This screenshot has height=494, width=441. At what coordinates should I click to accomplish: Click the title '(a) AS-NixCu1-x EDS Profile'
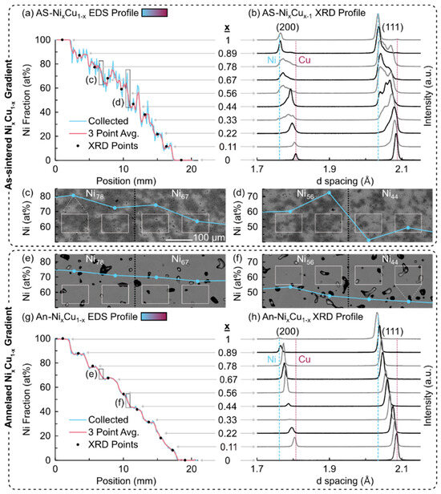[x=99, y=11]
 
